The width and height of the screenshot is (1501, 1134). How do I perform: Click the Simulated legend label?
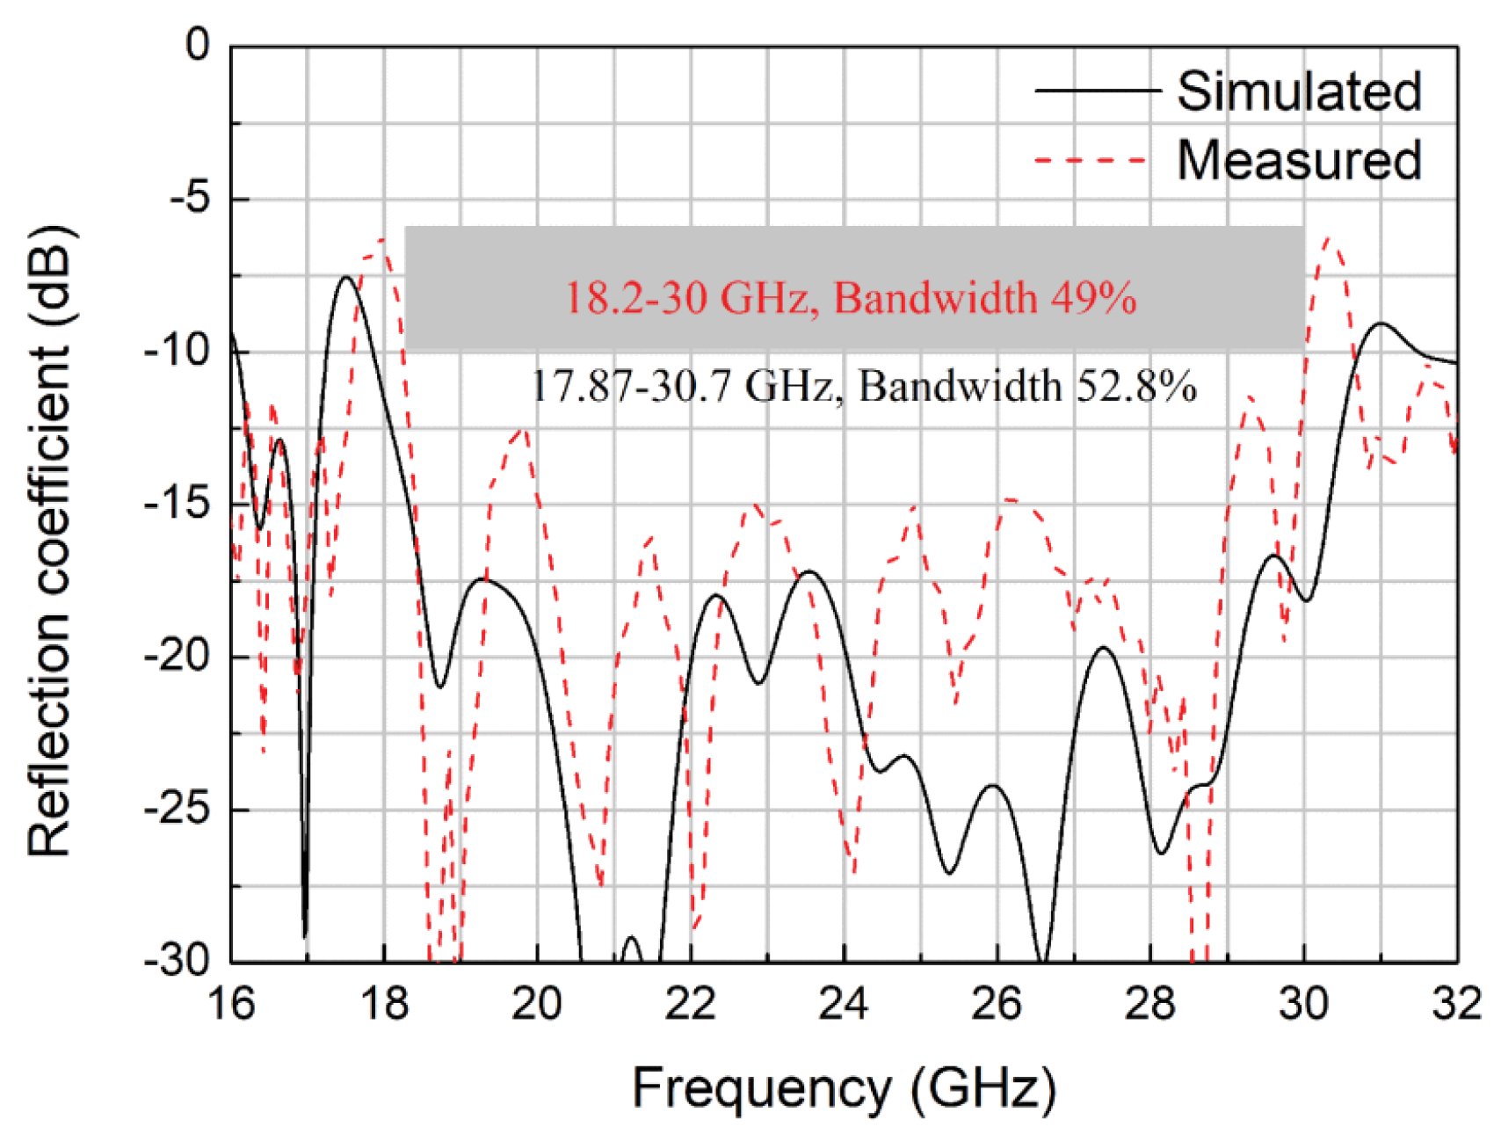pyautogui.click(x=1299, y=91)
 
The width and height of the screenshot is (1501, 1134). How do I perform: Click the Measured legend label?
pyautogui.click(x=1299, y=160)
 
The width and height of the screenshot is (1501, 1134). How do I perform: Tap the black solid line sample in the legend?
pyautogui.click(x=1098, y=90)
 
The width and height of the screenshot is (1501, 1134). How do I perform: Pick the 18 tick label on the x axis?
pyautogui.click(x=384, y=1003)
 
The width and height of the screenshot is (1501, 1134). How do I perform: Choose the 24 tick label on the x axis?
pyautogui.click(x=844, y=1003)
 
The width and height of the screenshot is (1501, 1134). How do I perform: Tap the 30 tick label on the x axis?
pyautogui.click(x=1303, y=1003)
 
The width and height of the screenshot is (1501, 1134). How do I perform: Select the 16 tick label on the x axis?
pyautogui.click(x=231, y=1003)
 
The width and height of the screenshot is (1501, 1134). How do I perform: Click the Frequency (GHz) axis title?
pyautogui.click(x=844, y=1088)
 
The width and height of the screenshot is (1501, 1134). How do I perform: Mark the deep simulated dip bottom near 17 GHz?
pyautogui.click(x=305, y=937)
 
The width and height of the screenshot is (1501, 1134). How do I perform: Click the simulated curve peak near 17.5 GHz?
pyautogui.click(x=346, y=278)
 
